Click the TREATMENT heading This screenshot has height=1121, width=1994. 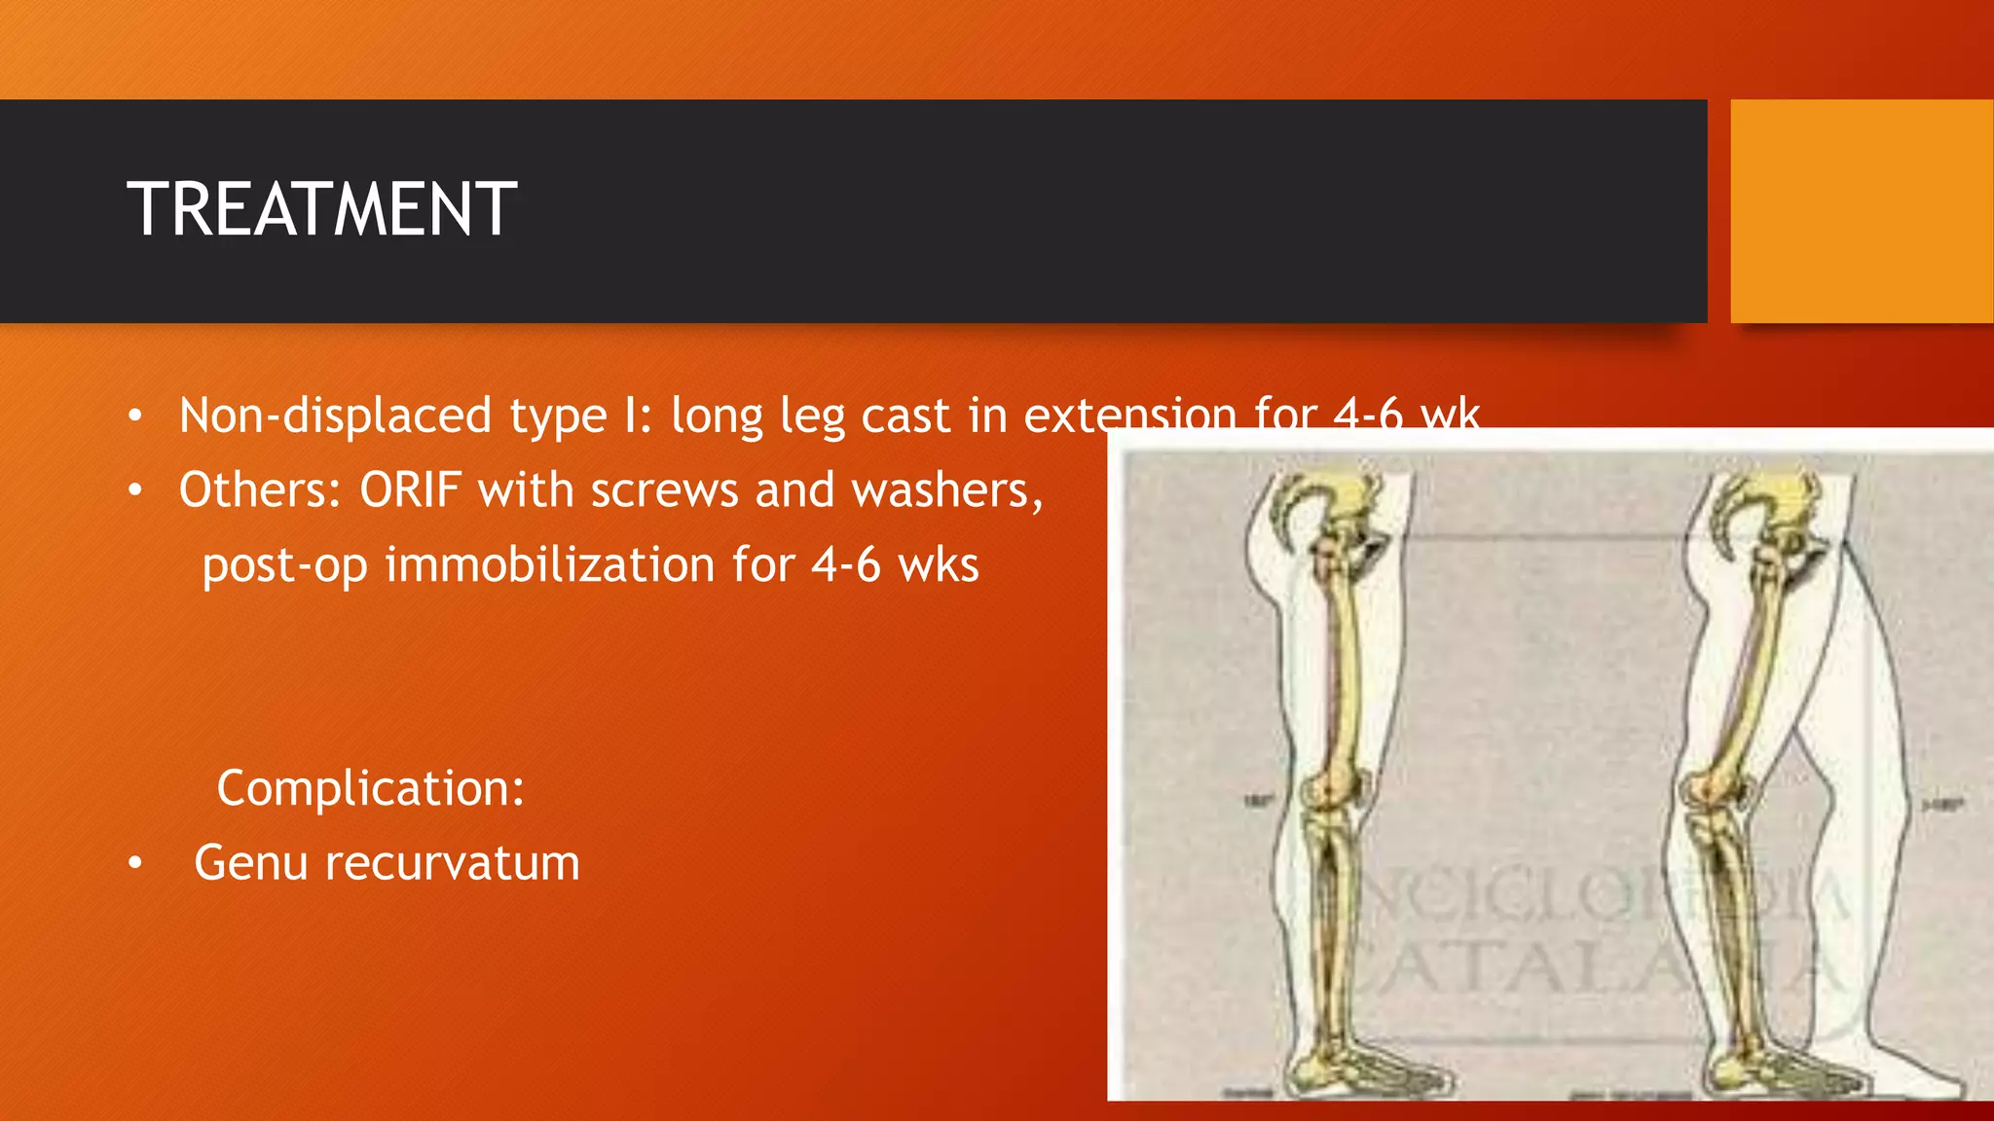tap(321, 209)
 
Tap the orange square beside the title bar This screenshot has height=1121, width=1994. tap(1862, 211)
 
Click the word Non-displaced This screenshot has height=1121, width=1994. tap(335, 416)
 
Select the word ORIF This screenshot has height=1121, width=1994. tap(410, 489)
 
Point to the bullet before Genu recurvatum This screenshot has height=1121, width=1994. tap(135, 863)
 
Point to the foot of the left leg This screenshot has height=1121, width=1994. tap(1363, 1070)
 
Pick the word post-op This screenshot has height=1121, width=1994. tap(284, 565)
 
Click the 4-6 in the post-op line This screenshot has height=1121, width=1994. tap(845, 564)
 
